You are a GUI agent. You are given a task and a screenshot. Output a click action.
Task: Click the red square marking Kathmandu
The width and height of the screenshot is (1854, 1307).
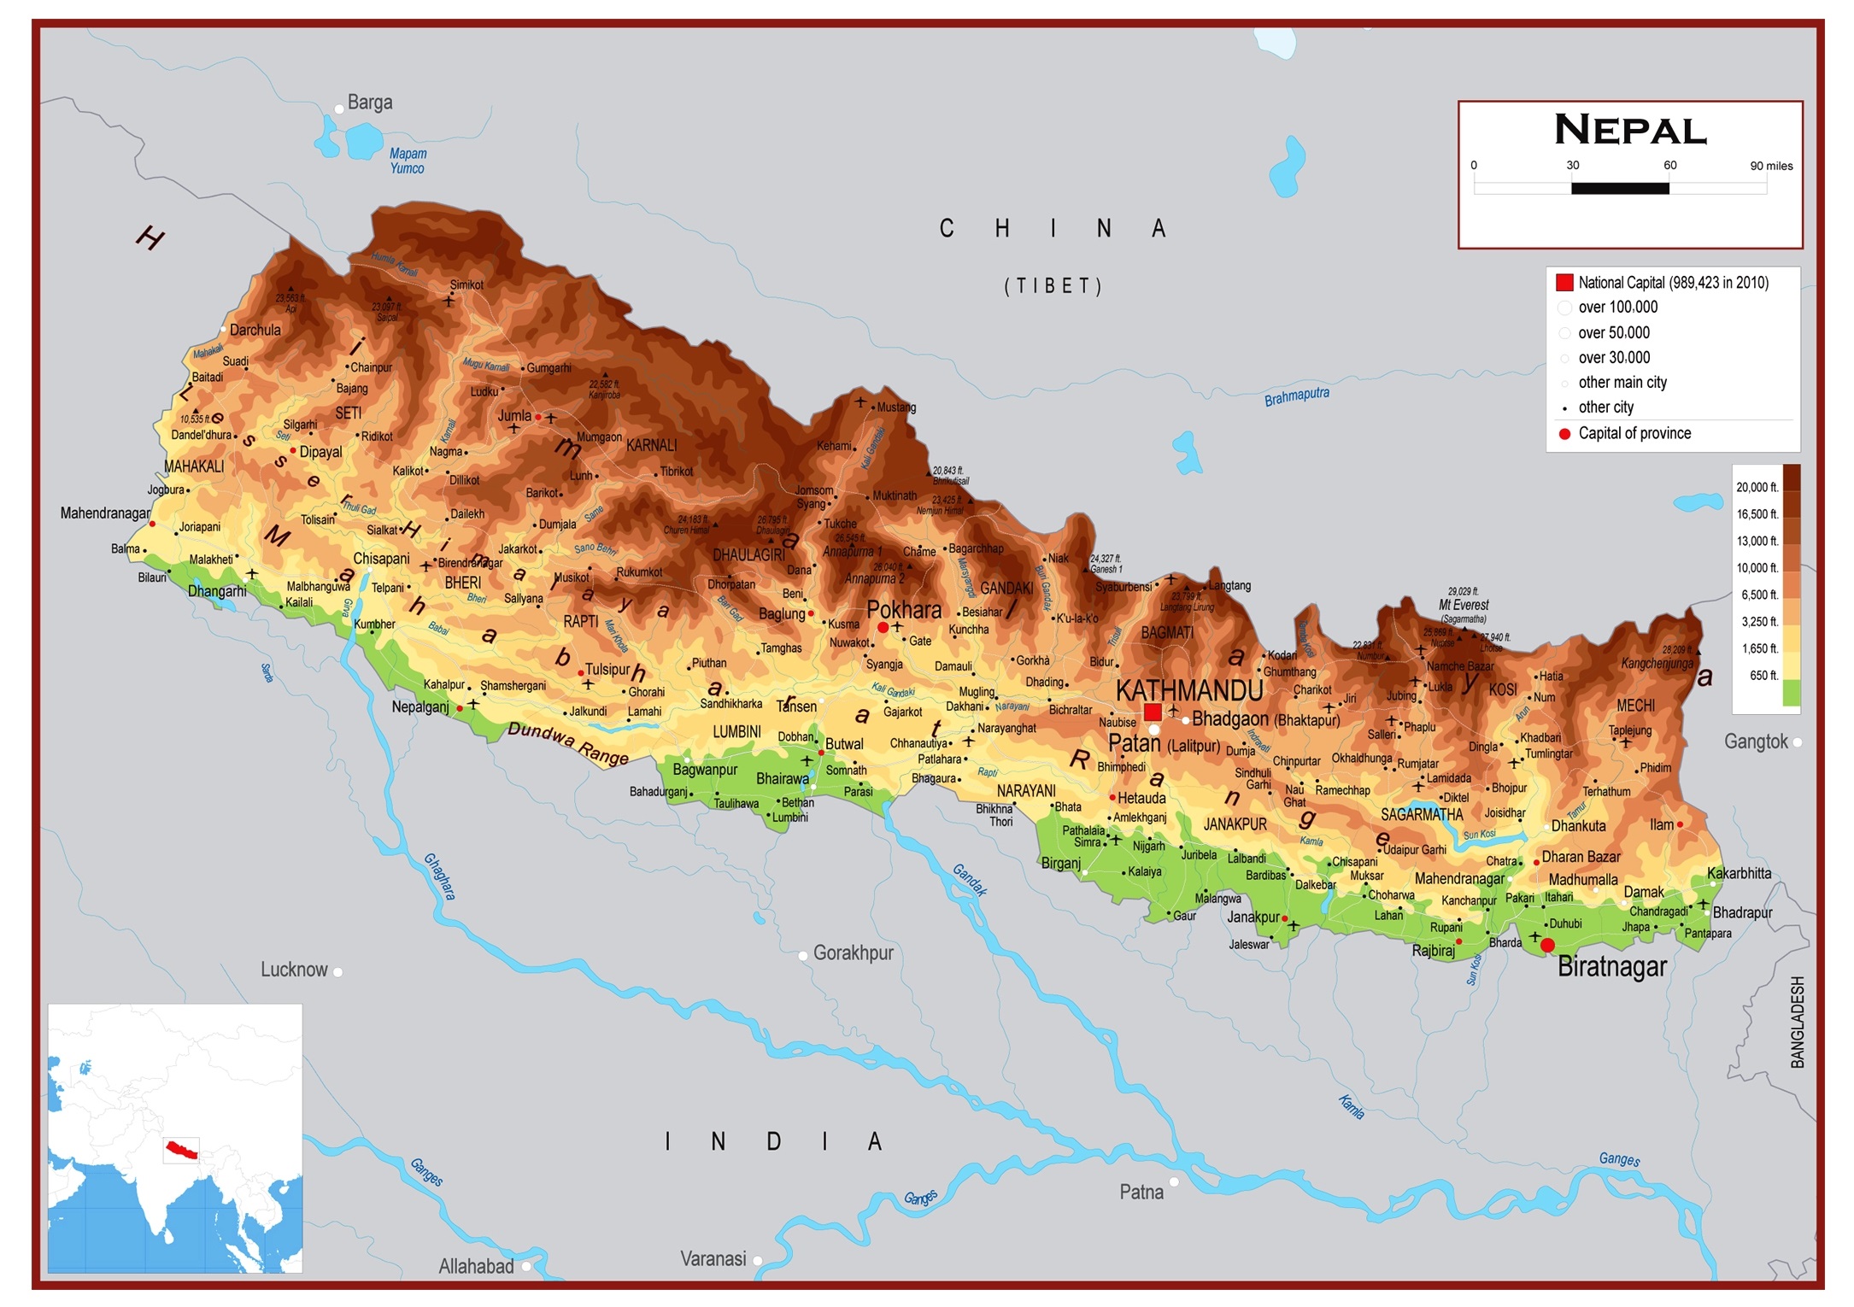pyautogui.click(x=1153, y=712)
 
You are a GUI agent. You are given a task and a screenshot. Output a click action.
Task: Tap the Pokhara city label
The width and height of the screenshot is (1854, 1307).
pyautogui.click(x=903, y=610)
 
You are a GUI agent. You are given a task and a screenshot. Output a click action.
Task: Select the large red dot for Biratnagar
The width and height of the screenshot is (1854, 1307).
pyautogui.click(x=1547, y=945)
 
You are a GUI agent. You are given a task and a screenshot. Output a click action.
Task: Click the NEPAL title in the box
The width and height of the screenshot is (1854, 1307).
pyautogui.click(x=1630, y=131)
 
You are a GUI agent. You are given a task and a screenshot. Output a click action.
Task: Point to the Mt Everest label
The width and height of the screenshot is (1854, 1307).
pyautogui.click(x=1464, y=605)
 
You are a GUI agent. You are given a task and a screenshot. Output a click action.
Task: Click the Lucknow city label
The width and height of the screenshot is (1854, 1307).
pyautogui.click(x=293, y=970)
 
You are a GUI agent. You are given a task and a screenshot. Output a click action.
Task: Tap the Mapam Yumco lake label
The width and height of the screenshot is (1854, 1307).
pyautogui.click(x=408, y=161)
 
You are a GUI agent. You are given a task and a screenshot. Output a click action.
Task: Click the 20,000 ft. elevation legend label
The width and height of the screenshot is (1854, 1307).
pyautogui.click(x=1757, y=487)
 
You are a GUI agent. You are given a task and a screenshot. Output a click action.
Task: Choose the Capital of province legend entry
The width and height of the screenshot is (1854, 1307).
pyautogui.click(x=1634, y=433)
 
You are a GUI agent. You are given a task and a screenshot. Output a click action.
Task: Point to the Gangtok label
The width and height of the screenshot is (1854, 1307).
pyautogui.click(x=1755, y=741)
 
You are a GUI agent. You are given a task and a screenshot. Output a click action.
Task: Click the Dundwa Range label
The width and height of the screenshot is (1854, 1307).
pyautogui.click(x=568, y=743)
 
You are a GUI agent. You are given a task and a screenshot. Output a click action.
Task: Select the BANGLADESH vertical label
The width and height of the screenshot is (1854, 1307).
pyautogui.click(x=1798, y=1022)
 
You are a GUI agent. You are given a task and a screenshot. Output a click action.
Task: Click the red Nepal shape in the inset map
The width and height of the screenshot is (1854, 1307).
pyautogui.click(x=181, y=1149)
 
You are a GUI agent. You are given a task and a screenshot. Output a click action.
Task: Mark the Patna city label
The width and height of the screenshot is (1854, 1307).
pyautogui.click(x=1141, y=1192)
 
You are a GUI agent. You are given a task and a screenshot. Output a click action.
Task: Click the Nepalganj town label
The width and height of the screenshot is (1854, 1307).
pyautogui.click(x=419, y=706)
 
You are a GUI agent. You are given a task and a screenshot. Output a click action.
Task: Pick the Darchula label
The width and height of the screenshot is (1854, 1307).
pyautogui.click(x=255, y=330)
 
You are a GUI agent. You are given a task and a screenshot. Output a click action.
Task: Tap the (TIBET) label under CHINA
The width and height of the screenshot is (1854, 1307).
pyautogui.click(x=1053, y=285)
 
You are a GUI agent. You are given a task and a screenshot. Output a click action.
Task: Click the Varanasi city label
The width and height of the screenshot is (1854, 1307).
pyautogui.click(x=713, y=1258)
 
